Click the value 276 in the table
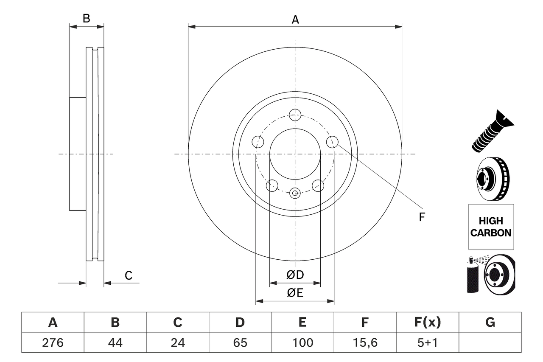pyautogui.click(x=53, y=342)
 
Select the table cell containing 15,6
pyautogui.click(x=365, y=342)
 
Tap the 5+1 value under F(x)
pyautogui.click(x=427, y=342)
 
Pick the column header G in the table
pyautogui.click(x=490, y=323)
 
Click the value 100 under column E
pyautogui.click(x=302, y=342)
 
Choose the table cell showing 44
pyautogui.click(x=115, y=342)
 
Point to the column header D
pyautogui.click(x=240, y=323)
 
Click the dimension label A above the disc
pyautogui.click(x=295, y=20)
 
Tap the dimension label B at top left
pyautogui.click(x=87, y=19)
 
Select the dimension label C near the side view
pyautogui.click(x=129, y=275)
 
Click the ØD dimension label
pyautogui.click(x=295, y=275)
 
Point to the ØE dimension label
pyautogui.click(x=295, y=293)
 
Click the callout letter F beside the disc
pyautogui.click(x=422, y=217)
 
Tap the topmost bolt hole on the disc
pyautogui.click(x=295, y=114)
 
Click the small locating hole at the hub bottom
pyautogui.click(x=295, y=193)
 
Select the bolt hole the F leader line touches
pyautogui.click(x=332, y=142)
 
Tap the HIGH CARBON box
pyautogui.click(x=491, y=227)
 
